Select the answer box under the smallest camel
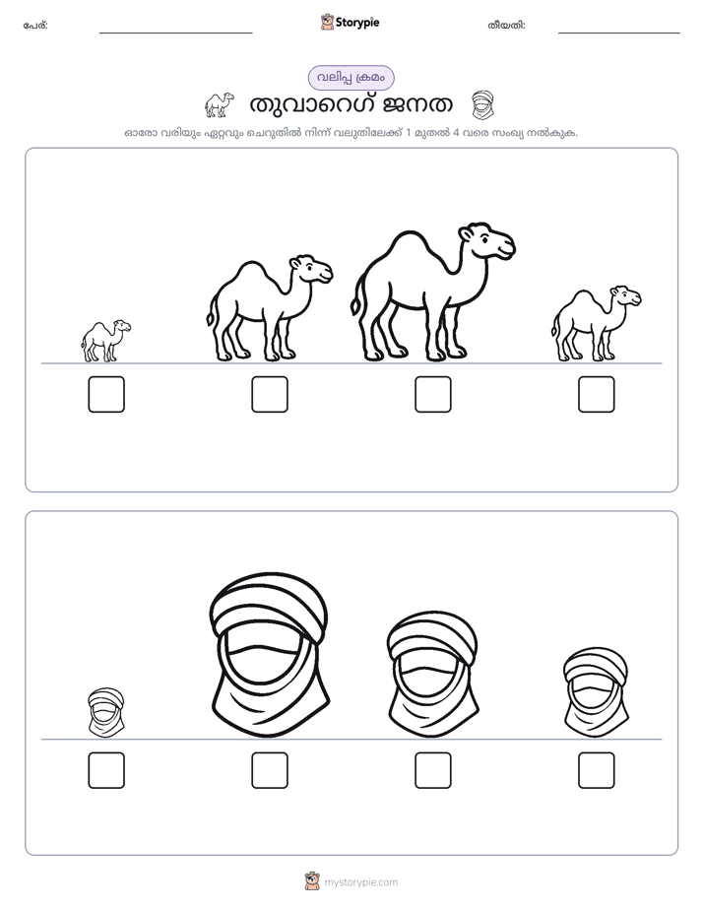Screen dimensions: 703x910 [x=106, y=395]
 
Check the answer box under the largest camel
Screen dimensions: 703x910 [x=432, y=395]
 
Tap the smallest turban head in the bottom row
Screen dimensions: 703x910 [x=106, y=713]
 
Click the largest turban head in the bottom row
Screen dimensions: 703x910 [x=270, y=655]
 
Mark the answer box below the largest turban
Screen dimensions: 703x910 [x=270, y=771]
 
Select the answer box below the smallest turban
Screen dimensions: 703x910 [x=106, y=771]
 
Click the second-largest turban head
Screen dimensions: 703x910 [x=432, y=674]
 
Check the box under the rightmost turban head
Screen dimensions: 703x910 [x=597, y=771]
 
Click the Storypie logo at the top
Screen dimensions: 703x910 [x=351, y=22]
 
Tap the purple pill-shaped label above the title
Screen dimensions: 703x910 [x=351, y=78]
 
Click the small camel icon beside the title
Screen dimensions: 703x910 [x=220, y=104]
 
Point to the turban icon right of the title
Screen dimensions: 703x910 [x=482, y=105]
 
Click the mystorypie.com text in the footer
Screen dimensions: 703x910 [x=360, y=882]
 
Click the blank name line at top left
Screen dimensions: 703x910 [x=175, y=33]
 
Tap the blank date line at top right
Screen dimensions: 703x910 [x=619, y=33]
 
